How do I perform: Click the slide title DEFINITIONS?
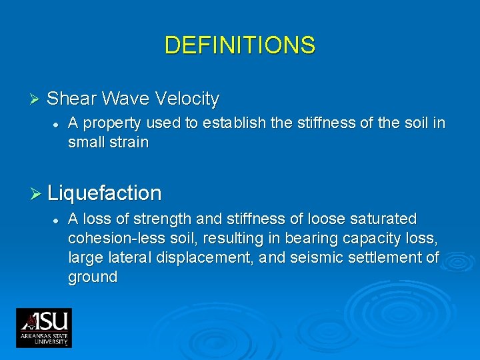click(239, 45)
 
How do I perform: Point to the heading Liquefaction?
click(105, 194)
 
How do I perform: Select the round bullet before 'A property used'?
click(57, 124)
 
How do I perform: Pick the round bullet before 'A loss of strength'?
click(57, 219)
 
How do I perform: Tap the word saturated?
click(384, 219)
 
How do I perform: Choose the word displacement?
click(199, 258)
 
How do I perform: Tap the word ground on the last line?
click(93, 277)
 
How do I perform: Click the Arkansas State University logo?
click(44, 327)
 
